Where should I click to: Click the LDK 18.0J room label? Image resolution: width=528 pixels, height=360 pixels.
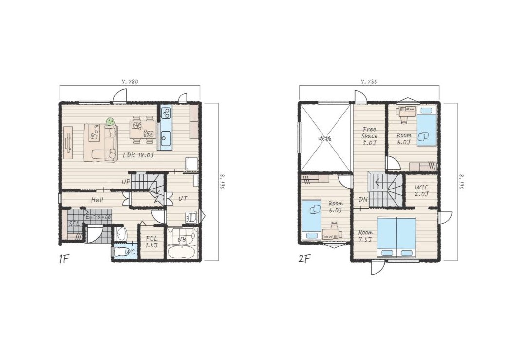(138, 155)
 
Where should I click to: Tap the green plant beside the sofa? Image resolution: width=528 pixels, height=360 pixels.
(110, 122)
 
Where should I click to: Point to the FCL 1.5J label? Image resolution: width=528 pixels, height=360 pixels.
(151, 242)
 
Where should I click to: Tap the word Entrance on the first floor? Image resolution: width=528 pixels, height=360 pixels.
(98, 217)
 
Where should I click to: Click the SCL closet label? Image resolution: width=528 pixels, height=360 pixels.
(74, 224)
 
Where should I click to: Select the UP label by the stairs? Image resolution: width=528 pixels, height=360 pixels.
(126, 182)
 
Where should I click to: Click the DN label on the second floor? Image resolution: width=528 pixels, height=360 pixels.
(363, 199)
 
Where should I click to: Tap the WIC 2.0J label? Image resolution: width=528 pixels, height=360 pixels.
(422, 190)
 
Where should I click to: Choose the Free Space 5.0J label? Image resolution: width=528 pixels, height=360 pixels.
(369, 136)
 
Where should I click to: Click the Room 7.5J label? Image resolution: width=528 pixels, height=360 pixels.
(365, 236)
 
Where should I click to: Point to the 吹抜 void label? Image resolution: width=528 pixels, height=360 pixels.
(324, 138)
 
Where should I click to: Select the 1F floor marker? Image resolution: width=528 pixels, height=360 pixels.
(64, 259)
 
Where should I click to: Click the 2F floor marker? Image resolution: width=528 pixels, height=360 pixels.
(304, 259)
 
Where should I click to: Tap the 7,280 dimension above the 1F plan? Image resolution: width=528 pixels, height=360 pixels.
(130, 81)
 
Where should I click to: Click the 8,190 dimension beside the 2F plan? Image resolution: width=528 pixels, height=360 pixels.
(461, 182)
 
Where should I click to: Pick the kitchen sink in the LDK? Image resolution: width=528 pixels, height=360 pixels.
(166, 137)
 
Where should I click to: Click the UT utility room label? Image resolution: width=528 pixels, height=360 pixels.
(183, 199)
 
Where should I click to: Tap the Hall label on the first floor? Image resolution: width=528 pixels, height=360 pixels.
(97, 200)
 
